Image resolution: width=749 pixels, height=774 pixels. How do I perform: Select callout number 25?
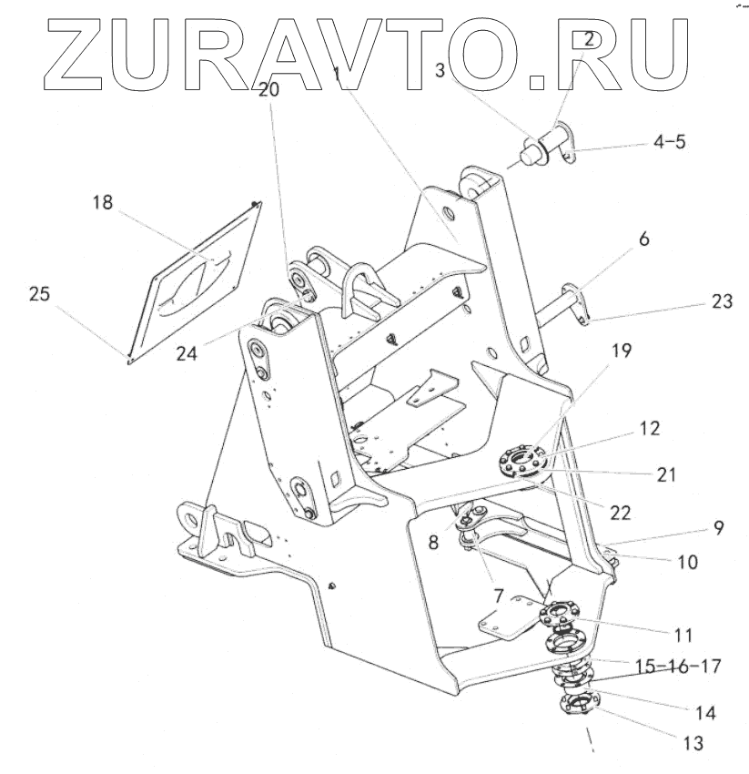click(40, 295)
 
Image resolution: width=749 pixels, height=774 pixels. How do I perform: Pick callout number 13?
click(692, 743)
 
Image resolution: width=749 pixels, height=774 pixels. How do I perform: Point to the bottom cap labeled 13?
click(578, 706)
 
